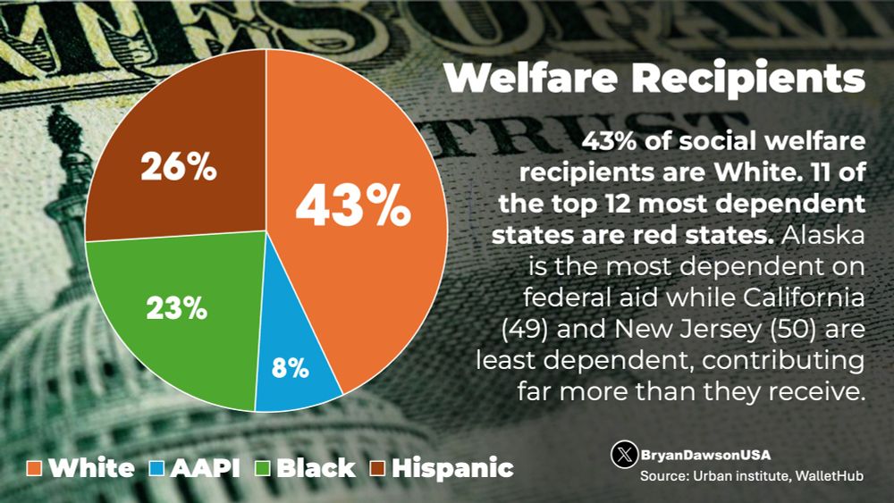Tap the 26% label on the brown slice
[x=179, y=167]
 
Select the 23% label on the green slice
[x=177, y=309]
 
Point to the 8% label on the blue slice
[x=291, y=366]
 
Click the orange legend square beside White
[x=35, y=467]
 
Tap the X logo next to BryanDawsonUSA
[x=624, y=455]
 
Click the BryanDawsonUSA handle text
[x=704, y=455]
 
